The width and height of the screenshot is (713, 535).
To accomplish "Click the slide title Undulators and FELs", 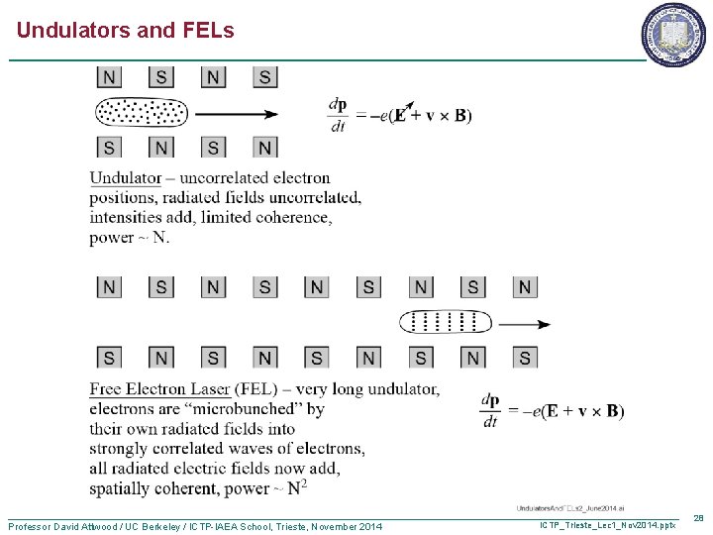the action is [x=126, y=31].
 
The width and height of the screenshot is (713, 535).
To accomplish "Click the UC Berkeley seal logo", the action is [x=674, y=36].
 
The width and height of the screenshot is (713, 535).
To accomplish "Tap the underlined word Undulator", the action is [x=126, y=178].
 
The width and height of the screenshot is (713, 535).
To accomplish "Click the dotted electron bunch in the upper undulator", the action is [x=141, y=113].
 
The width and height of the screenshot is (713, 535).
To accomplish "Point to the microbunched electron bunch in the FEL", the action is [x=445, y=322].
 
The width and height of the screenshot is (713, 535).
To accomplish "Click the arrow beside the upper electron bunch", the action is [x=237, y=113].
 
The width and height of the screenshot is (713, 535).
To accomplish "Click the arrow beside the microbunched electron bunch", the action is [x=524, y=324].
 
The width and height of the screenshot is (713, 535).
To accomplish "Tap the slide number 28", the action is [x=698, y=518].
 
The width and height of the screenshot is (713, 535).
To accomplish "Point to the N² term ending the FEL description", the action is [x=297, y=486].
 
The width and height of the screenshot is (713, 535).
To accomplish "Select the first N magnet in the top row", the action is [x=109, y=77].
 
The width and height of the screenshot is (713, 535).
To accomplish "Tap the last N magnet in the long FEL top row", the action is [x=525, y=287].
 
